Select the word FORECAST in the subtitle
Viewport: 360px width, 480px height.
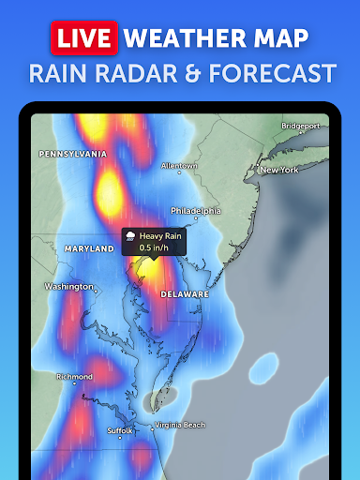[269, 72]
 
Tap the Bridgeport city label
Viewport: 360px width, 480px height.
[301, 125]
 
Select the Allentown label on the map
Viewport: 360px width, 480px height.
[179, 166]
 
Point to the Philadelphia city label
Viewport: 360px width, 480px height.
[195, 211]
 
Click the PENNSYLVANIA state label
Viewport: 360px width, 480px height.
[72, 153]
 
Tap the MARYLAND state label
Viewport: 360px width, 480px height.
[88, 248]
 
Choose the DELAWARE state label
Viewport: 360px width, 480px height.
[184, 293]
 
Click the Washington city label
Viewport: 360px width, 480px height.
[68, 286]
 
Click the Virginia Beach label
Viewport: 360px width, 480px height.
[179, 425]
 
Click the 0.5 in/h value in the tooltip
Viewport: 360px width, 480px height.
[155, 248]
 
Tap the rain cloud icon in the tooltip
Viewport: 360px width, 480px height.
[130, 237]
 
